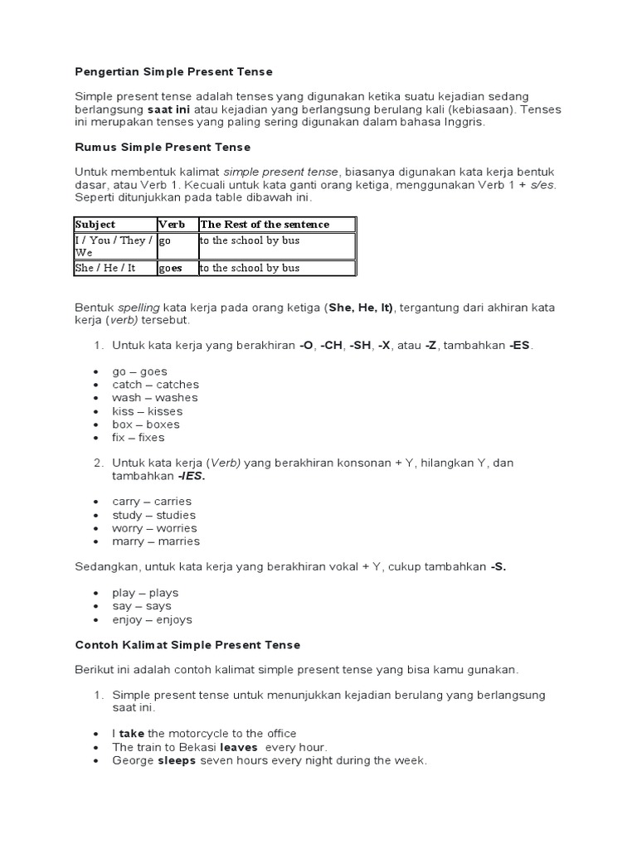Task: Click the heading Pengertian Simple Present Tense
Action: coord(173,72)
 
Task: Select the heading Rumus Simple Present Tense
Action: coord(163,148)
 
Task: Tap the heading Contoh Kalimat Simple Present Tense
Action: coord(187,644)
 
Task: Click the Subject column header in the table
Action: coord(95,225)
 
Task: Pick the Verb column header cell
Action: coord(172,225)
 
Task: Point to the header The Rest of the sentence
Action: coord(265,225)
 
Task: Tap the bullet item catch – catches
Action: coord(155,385)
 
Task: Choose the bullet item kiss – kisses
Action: coord(147,411)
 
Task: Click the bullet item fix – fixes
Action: coord(139,438)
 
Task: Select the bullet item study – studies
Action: coord(153,515)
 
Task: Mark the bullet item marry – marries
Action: coord(156,541)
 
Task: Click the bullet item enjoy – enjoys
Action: coord(152,619)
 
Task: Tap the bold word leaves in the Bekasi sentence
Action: coord(238,747)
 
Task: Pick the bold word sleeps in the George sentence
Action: coord(177,760)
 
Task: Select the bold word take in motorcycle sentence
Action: coord(132,734)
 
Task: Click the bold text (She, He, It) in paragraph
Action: coord(361,308)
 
